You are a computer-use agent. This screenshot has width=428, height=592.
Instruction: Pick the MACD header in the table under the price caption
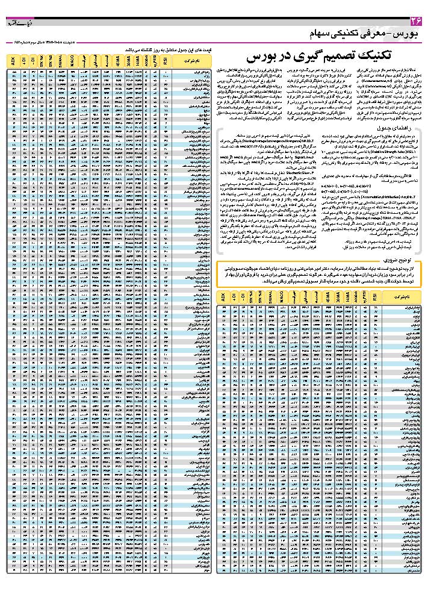pyautogui.click(x=72, y=60)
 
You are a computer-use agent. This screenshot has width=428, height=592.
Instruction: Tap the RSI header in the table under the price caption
pyautogui.click(x=164, y=60)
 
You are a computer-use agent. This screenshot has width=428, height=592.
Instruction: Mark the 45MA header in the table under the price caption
pyautogui.click(x=119, y=60)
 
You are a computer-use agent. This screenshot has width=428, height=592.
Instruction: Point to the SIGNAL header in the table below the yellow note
pyautogui.click(x=273, y=298)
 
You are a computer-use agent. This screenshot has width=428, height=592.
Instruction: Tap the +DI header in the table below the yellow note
pyautogui.click(x=235, y=298)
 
